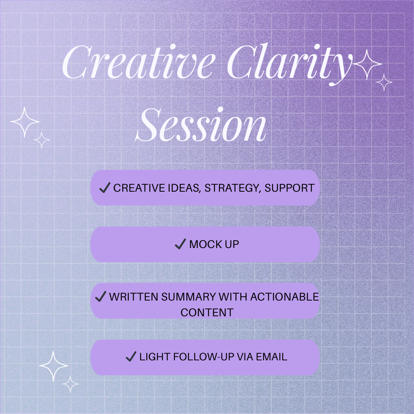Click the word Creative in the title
(138, 62)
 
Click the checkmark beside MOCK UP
(180, 244)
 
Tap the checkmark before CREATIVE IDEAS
(105, 187)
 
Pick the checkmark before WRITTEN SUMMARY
(100, 296)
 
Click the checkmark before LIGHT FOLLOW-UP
(131, 356)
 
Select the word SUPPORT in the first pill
(289, 188)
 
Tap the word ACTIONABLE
(284, 297)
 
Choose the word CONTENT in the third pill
(207, 313)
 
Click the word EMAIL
(271, 357)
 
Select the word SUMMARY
(189, 297)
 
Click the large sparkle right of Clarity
(367, 64)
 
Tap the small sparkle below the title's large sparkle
(384, 82)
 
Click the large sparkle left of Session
(25, 122)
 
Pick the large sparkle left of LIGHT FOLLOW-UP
(54, 366)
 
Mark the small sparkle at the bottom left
(71, 384)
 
